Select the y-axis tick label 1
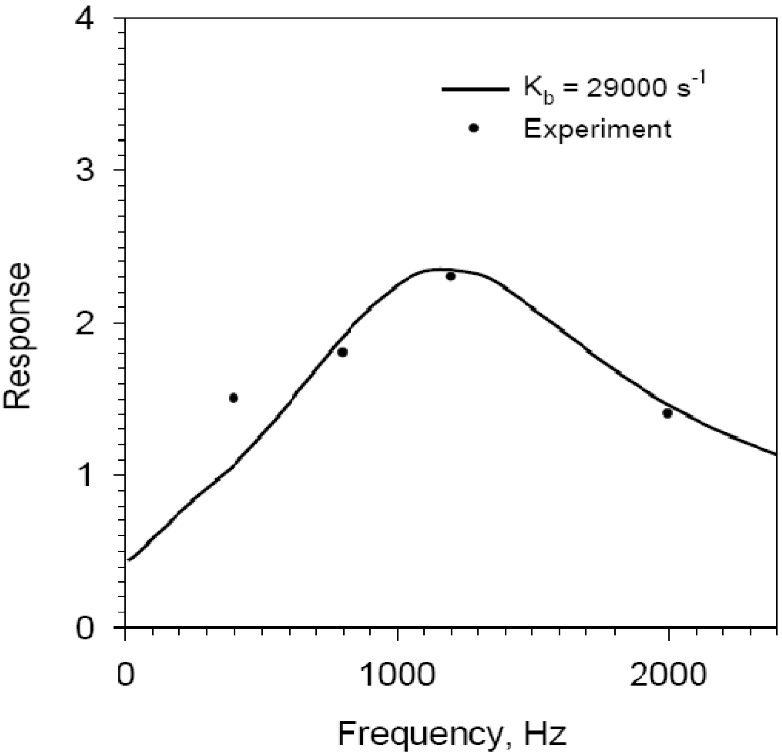pos(85,475)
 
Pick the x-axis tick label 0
pos(125,674)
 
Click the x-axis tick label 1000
pos(398,674)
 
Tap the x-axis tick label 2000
pos(668,674)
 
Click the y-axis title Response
pos(18,336)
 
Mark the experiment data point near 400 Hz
pos(234,398)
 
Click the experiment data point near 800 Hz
pos(342,352)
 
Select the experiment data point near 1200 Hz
pos(451,276)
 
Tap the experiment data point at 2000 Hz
pos(668,413)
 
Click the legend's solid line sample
pos(475,89)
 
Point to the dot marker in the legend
pos(474,128)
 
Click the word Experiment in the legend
pos(597,129)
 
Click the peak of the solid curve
pos(440,269)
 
